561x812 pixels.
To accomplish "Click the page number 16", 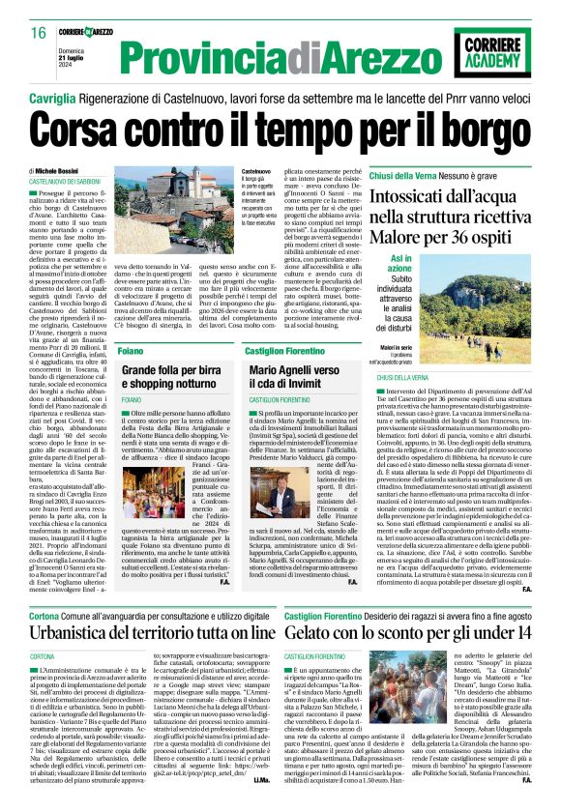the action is pyautogui.click(x=39, y=33).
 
